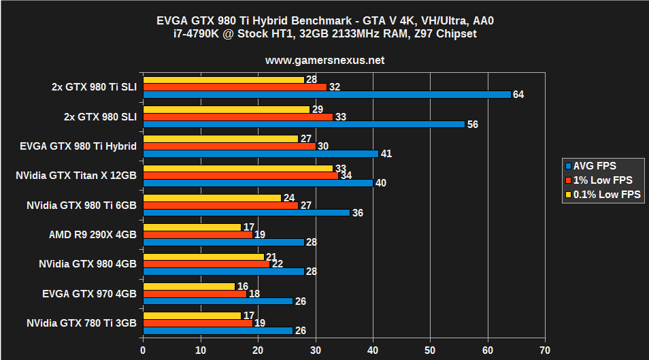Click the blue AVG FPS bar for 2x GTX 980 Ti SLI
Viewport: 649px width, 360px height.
[327, 95]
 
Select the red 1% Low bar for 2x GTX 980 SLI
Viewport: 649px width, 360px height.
[238, 117]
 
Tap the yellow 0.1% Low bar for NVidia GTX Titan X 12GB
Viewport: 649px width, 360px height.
[238, 168]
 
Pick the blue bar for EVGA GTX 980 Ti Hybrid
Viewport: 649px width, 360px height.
[261, 154]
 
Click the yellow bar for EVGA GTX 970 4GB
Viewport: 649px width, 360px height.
[189, 287]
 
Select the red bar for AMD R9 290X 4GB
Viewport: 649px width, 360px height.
[197, 234]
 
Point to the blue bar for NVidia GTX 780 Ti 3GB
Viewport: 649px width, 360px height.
[217, 331]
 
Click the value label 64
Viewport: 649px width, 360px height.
[518, 95]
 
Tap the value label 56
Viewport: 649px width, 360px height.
[472, 125]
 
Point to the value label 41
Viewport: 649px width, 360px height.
[386, 154]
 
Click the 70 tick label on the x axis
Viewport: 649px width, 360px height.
[544, 350]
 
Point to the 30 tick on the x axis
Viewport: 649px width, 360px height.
[315, 350]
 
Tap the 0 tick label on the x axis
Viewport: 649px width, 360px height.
[143, 350]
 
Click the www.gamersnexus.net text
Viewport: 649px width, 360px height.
[324, 60]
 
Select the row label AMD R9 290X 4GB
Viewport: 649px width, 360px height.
[93, 234]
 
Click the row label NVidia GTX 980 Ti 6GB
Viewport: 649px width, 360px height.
[82, 205]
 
